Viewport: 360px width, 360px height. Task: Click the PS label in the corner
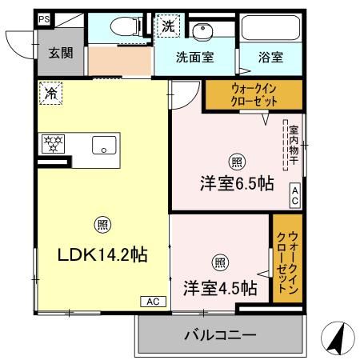[43, 18]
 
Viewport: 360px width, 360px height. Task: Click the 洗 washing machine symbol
[168, 26]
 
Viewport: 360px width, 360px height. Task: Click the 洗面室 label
[194, 58]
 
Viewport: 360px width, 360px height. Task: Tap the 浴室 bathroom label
[270, 58]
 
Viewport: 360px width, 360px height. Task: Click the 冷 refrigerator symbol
[50, 94]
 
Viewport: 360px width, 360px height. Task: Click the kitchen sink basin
[104, 145]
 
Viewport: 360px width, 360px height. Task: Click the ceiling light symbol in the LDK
[102, 225]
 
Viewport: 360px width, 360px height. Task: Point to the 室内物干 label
[294, 143]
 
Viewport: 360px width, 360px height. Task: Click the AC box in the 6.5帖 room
[295, 195]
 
